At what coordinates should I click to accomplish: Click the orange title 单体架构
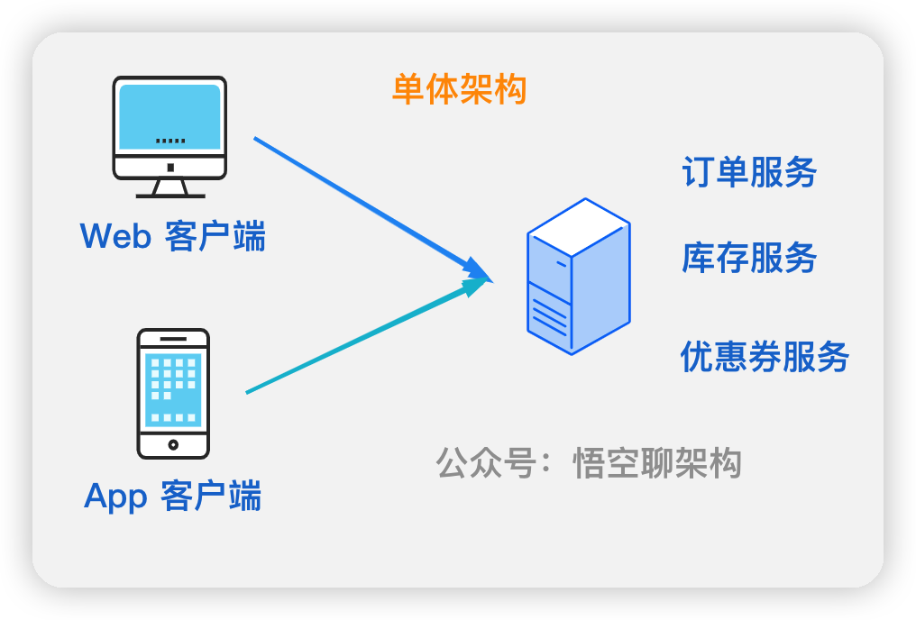[459, 90]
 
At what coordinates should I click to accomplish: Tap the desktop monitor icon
[169, 135]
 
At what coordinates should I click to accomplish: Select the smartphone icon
[173, 393]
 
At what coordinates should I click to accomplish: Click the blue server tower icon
[578, 276]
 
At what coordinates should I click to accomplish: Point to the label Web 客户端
[173, 236]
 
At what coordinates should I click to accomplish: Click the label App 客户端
[173, 496]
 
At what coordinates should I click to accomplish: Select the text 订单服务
[749, 172]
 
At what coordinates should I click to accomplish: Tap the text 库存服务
[749, 259]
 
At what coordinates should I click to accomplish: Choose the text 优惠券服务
[765, 357]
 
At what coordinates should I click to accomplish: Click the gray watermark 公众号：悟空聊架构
[589, 463]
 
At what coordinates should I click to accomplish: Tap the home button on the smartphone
[173, 444]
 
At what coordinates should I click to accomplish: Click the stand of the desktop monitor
[170, 187]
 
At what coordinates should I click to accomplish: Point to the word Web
[114, 236]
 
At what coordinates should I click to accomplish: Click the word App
[114, 497]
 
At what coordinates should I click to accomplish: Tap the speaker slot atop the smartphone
[173, 339]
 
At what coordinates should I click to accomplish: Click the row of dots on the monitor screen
[170, 141]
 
